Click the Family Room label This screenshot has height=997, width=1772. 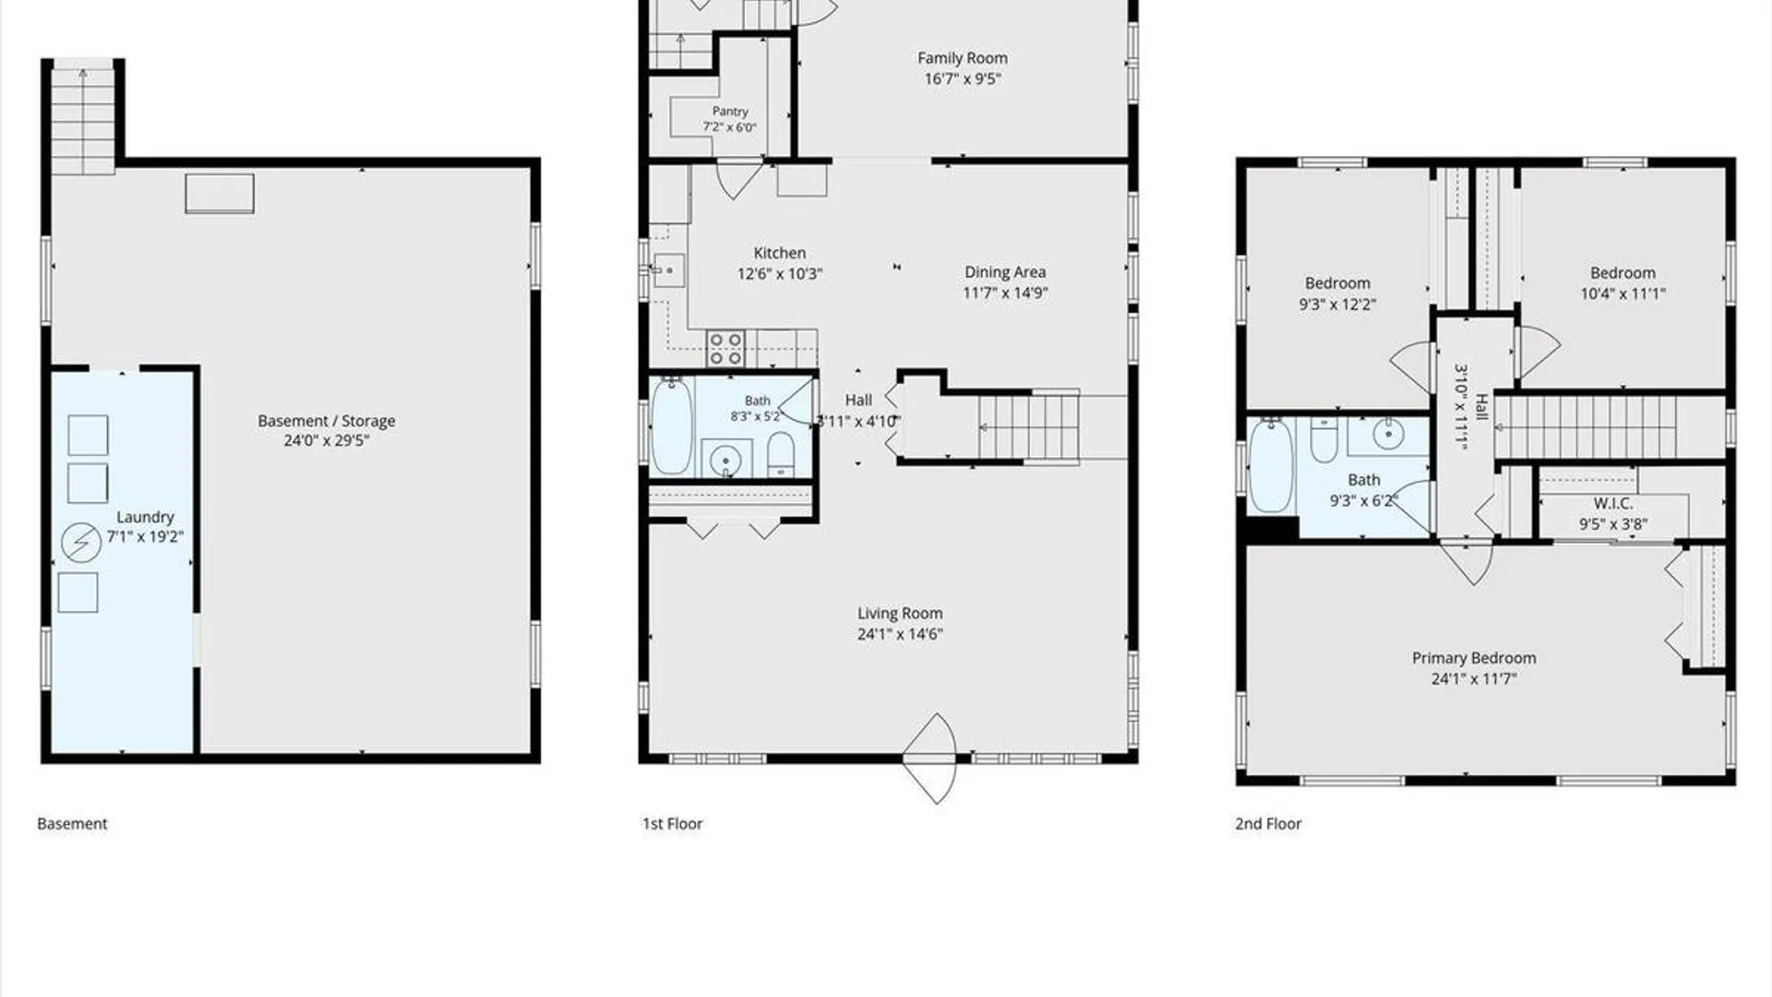pos(963,58)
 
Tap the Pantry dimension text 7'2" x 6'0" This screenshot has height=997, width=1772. pos(729,127)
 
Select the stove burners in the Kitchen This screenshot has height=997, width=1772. pos(725,348)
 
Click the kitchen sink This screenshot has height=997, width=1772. pos(669,270)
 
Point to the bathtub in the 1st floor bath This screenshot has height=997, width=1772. pos(672,426)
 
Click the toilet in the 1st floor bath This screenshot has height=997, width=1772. pos(781,453)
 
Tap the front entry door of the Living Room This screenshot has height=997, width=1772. pos(929,759)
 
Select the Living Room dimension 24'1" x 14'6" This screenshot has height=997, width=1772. pos(900,634)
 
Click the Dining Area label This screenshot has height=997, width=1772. pos(1005,272)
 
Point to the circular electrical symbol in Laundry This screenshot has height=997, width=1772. pos(81,543)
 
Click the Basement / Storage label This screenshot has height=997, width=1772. pos(326,421)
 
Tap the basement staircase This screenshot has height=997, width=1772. pos(83,118)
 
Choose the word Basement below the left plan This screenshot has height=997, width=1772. pos(72,823)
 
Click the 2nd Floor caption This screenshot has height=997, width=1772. pos(1268,823)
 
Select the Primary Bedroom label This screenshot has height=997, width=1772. pos(1474,658)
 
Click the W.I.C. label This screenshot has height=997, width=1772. pos(1613,504)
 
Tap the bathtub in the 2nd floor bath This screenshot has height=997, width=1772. pos(1271,466)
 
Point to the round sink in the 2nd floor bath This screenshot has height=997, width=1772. pos(1388,433)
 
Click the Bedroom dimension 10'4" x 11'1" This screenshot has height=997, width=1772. pos(1622,294)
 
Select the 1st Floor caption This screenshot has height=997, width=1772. pos(672,823)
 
